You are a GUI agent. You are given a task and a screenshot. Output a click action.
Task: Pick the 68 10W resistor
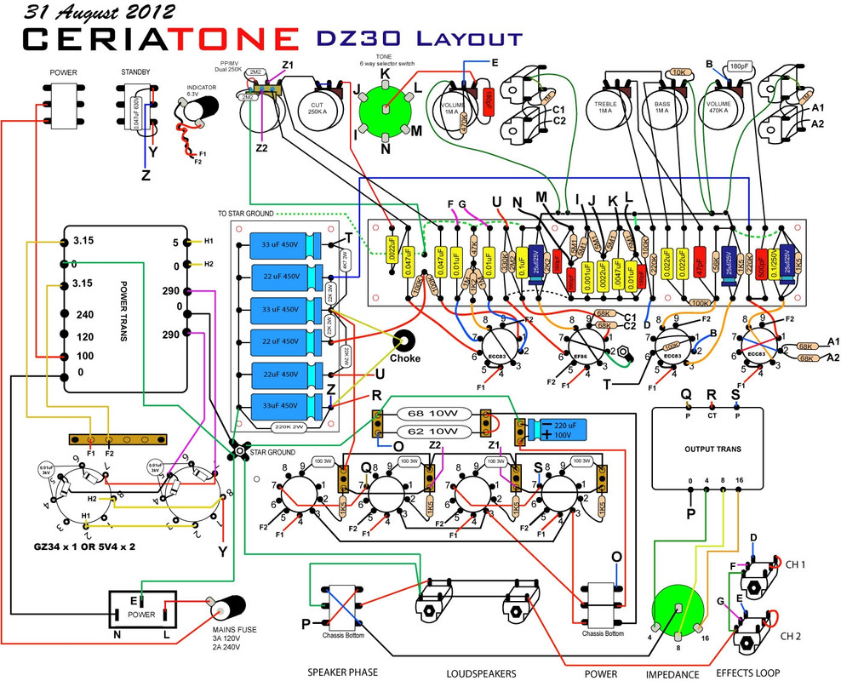click(434, 415)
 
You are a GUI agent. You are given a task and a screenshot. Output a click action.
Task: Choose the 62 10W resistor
click(434, 432)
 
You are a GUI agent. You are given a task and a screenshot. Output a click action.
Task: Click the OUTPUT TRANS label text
click(712, 448)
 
